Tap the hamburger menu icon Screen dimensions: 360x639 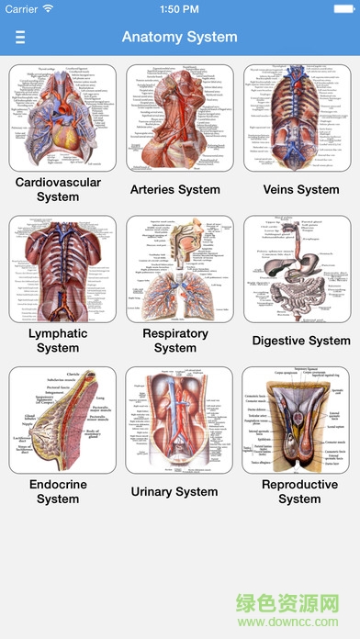[x=20, y=38]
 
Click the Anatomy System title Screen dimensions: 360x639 [x=180, y=38]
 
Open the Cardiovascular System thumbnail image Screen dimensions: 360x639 [x=58, y=118]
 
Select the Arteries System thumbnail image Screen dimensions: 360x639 [x=175, y=118]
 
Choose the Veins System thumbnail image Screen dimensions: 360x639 [x=299, y=118]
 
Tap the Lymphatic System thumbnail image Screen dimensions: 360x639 [x=58, y=269]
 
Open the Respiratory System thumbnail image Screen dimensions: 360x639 [x=175, y=269]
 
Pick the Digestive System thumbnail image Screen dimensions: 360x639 [x=299, y=269]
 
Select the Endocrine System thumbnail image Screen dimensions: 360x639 [x=58, y=420]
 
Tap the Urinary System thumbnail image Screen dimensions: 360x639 [x=175, y=420]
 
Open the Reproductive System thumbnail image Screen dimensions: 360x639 [x=299, y=420]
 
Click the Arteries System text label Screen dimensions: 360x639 [x=175, y=189]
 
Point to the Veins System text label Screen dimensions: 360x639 [x=300, y=189]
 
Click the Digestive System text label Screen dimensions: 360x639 [x=301, y=341]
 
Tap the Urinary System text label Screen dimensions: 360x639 [x=175, y=492]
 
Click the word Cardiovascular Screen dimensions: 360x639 [x=58, y=182]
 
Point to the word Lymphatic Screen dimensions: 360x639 [x=58, y=333]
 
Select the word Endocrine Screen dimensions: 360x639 [x=58, y=485]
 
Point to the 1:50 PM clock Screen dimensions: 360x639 [x=180, y=9]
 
